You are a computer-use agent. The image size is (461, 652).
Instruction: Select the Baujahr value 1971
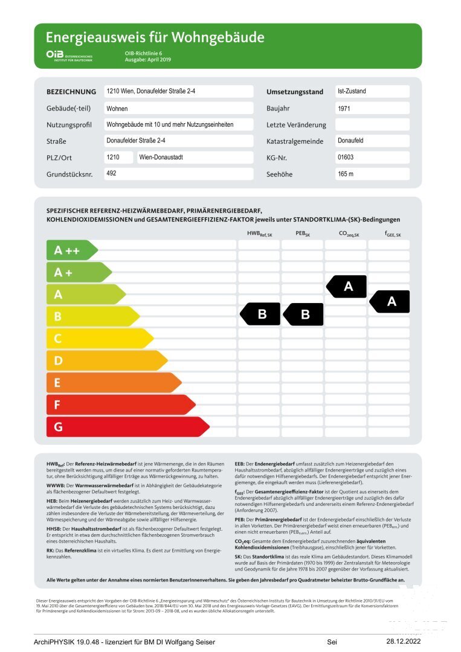[372, 109]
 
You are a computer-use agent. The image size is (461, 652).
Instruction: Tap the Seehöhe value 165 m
[372, 174]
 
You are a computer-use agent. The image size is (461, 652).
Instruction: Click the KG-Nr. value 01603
[372, 158]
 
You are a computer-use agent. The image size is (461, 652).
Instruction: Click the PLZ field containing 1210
[118, 158]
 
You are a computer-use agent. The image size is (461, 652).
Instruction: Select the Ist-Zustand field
[372, 92]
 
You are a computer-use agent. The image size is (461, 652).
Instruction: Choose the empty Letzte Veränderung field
[372, 125]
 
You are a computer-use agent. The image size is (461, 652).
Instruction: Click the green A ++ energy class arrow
[71, 250]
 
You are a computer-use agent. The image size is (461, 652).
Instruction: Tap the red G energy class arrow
[127, 427]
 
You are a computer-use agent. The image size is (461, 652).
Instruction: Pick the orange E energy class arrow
[113, 383]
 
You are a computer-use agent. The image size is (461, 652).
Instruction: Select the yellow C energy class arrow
[99, 339]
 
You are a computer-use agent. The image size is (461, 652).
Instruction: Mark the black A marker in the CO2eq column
[347, 286]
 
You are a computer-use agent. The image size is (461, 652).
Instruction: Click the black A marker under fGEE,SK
[390, 301]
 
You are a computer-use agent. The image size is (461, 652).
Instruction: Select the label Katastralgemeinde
[296, 141]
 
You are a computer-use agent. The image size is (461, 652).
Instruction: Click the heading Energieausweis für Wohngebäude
[155, 37]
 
